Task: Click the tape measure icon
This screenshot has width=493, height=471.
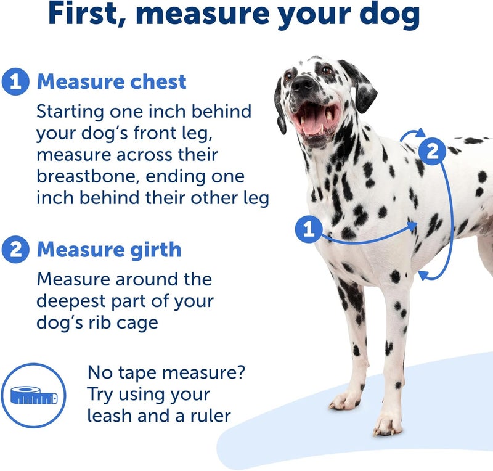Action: [x=34, y=395]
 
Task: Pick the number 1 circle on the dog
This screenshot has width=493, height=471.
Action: [x=309, y=231]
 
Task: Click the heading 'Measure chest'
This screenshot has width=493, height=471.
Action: [x=112, y=82]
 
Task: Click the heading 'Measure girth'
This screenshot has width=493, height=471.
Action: [x=109, y=250]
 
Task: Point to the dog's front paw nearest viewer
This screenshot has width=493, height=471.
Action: [x=388, y=424]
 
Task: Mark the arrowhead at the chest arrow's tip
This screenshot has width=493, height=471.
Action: [x=414, y=226]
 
